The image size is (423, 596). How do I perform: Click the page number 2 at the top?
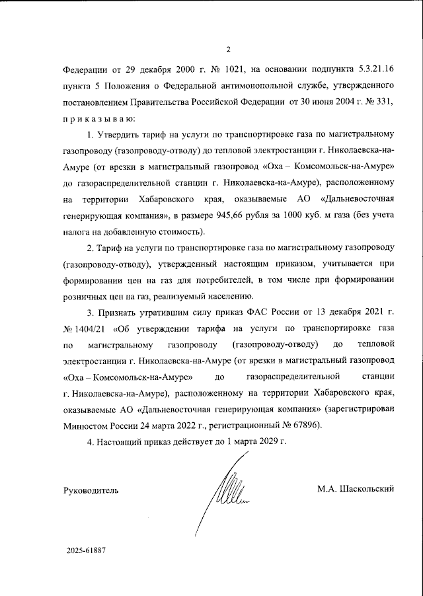tap(228, 48)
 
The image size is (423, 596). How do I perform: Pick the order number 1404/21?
tap(86, 328)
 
